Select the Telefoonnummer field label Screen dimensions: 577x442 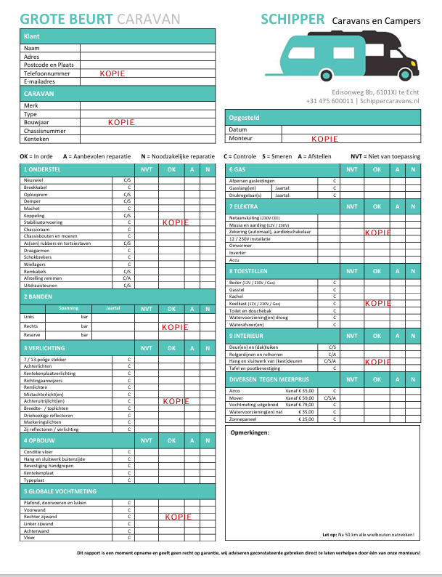[47, 73]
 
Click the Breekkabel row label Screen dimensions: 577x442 [35, 187]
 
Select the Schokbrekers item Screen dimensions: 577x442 [37, 257]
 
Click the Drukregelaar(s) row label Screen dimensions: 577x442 [244, 195]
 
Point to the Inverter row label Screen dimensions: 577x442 [237, 252]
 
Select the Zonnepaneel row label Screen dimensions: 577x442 [243, 419]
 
